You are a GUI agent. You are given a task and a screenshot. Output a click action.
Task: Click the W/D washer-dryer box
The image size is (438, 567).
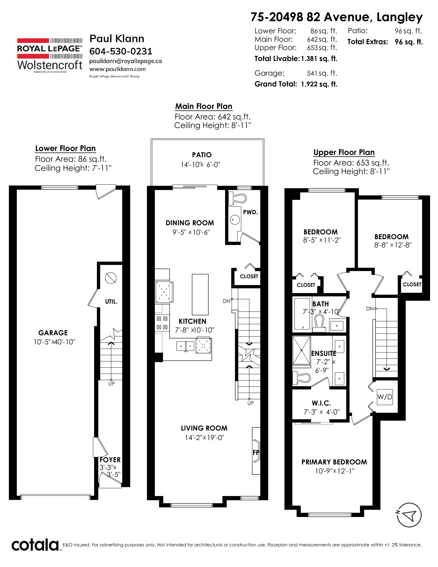(385, 397)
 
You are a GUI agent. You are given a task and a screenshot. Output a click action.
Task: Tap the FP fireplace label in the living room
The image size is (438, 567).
(256, 453)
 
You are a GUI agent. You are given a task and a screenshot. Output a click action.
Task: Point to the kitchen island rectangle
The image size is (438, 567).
(200, 294)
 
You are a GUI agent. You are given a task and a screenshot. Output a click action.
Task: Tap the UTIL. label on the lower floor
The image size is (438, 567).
(111, 302)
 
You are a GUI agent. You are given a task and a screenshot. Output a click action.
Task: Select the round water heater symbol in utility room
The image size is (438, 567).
(111, 278)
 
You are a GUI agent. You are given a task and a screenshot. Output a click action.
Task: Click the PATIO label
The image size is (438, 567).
(202, 155)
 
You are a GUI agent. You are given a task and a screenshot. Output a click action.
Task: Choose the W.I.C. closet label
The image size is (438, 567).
(321, 403)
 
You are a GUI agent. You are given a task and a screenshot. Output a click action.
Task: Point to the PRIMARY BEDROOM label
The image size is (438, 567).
(334, 462)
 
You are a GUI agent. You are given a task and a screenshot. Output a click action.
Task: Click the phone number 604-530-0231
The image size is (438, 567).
(121, 51)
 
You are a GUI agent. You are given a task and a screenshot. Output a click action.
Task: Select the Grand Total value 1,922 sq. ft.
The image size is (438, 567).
(319, 84)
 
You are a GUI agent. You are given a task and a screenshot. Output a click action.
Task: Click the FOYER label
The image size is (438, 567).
(110, 460)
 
